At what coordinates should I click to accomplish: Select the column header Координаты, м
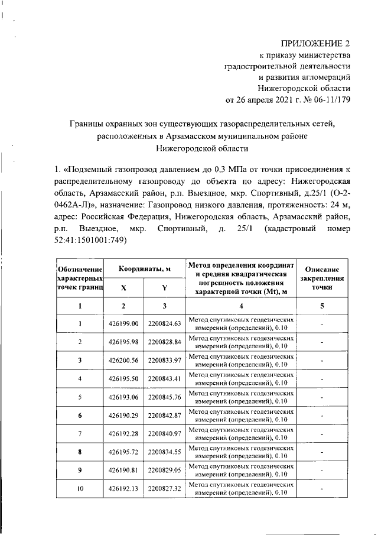pos(145,269)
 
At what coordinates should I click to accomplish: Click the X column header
pos(123,287)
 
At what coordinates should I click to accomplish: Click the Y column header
pos(165,287)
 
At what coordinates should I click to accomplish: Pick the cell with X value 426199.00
pos(123,324)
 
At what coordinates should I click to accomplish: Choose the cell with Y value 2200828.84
pos(165,342)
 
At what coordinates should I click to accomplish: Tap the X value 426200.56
pos(123,360)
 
